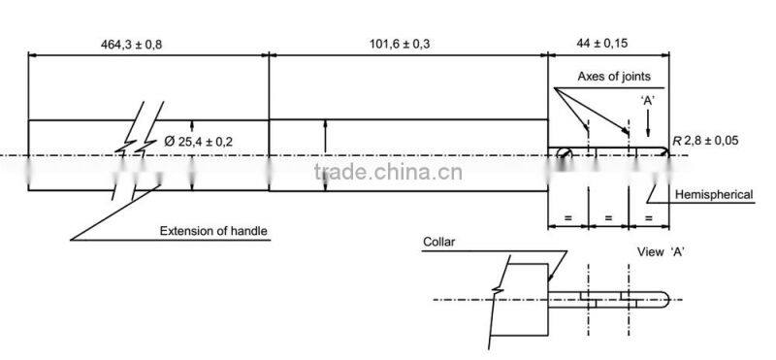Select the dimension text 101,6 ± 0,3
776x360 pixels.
401,44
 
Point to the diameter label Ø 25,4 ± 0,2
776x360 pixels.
199,142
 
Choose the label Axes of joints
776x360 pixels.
614,76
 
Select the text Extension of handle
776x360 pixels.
213,231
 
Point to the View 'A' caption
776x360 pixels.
661,251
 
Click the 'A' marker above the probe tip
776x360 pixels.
649,100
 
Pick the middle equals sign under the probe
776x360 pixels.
608,218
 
